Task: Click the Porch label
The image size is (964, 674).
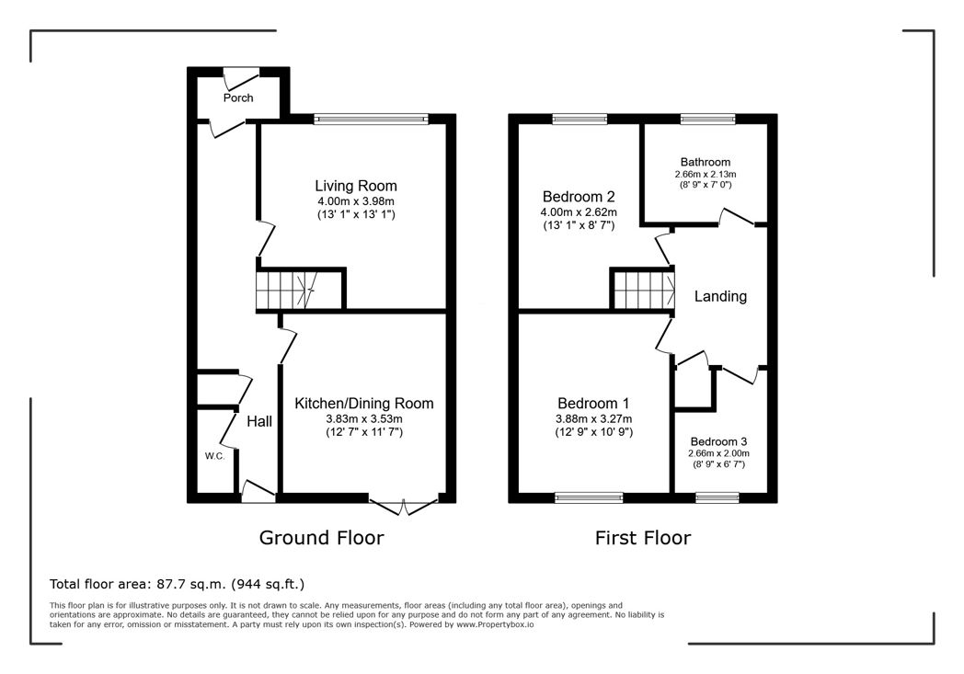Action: click(x=238, y=97)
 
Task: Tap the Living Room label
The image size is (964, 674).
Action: click(x=356, y=186)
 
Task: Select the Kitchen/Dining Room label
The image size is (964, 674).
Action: click(x=364, y=403)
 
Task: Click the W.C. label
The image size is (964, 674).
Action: click(x=214, y=456)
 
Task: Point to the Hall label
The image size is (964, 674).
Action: click(x=259, y=421)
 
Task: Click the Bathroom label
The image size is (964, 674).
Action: click(x=706, y=162)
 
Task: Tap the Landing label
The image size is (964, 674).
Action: click(x=720, y=296)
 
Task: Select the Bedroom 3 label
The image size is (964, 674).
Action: click(x=718, y=441)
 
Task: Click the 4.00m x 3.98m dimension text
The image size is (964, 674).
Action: click(x=356, y=201)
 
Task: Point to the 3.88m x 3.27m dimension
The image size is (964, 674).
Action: click(x=594, y=419)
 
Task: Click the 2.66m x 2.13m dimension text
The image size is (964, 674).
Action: click(x=706, y=175)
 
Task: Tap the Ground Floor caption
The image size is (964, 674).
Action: click(x=322, y=538)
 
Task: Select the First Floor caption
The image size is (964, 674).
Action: click(x=643, y=538)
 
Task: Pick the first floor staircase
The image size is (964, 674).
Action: click(x=642, y=290)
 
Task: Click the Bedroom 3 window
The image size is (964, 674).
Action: click(x=717, y=497)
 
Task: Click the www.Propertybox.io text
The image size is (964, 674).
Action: click(x=495, y=624)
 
